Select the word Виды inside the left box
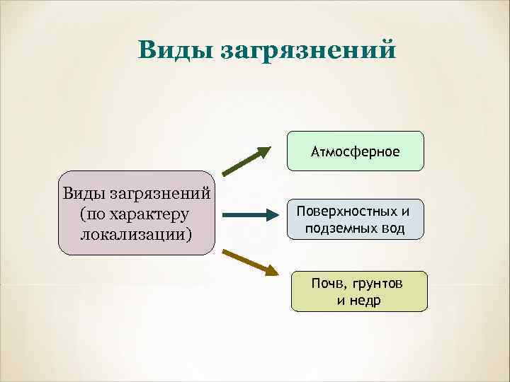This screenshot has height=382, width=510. (85, 193)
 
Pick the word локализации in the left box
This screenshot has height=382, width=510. (136, 233)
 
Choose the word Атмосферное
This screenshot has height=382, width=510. (355, 152)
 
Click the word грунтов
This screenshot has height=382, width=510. (377, 284)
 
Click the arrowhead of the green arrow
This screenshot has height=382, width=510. (264, 151)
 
